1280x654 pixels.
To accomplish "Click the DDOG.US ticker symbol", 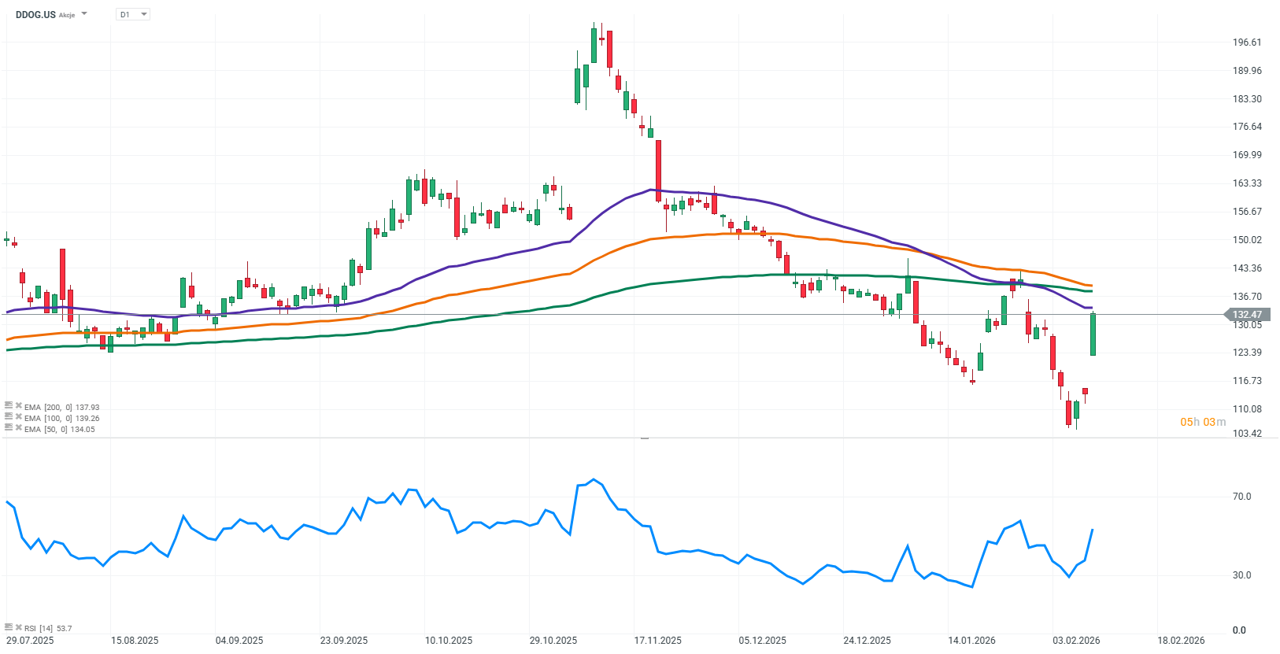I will pos(35,14).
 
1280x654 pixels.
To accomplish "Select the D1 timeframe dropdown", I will pos(132,14).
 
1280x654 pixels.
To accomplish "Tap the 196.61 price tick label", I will pos(1247,42).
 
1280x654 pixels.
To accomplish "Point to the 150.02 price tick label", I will pos(1247,240).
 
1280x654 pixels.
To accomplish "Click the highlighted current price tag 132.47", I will pos(1246,315).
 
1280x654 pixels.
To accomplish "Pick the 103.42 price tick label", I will pos(1247,434).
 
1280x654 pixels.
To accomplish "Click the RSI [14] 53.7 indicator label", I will pos(48,628).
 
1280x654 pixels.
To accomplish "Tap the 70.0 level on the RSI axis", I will pos(1241,497).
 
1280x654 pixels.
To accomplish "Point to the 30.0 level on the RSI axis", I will pos(1241,575).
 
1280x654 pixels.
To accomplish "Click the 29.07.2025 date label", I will pos(30,641).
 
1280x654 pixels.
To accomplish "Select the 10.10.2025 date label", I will pos(449,641).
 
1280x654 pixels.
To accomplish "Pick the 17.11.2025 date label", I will pos(658,641).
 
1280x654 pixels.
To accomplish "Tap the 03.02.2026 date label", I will pos(1076,641).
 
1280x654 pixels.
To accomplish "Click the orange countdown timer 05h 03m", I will pos(1202,423).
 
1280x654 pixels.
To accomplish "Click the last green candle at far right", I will pos(1093,334).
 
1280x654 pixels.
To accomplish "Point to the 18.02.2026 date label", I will pos(1181,641).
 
